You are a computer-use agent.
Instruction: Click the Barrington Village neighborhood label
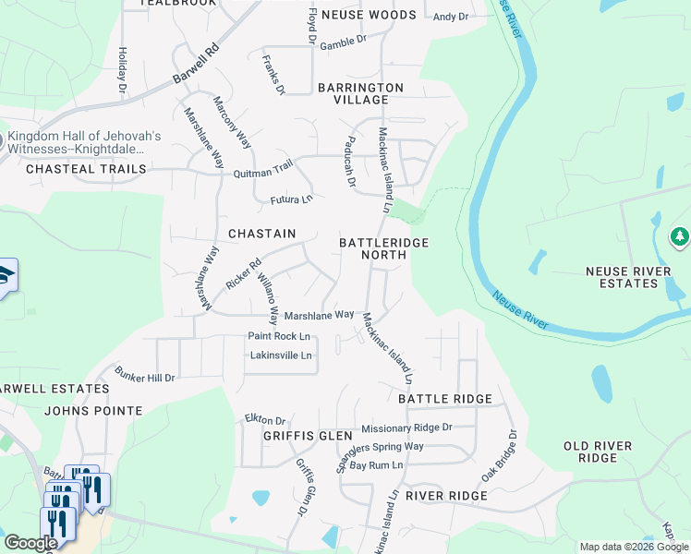pos(360,93)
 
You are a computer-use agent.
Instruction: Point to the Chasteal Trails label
pos(86,169)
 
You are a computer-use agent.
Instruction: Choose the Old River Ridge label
pos(598,452)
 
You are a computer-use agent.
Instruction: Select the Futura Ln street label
pos(291,199)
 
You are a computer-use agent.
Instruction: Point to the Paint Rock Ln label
pos(278,336)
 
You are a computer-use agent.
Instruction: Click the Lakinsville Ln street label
pos(281,355)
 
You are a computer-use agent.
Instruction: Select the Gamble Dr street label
pos(343,42)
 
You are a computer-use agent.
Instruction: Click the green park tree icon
pos(680,237)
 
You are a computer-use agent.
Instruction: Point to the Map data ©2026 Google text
pos(633,547)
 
